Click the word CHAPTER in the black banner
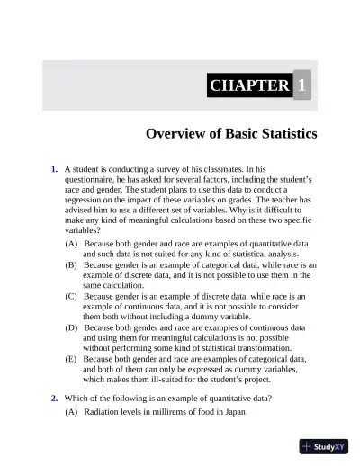tap(249, 85)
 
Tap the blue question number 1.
tap(55, 169)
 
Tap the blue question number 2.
tap(55, 398)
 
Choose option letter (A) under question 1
tap(71, 244)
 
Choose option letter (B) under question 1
tap(71, 265)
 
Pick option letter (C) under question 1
tap(71, 295)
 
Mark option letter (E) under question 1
tap(71, 357)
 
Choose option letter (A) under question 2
tap(71, 412)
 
